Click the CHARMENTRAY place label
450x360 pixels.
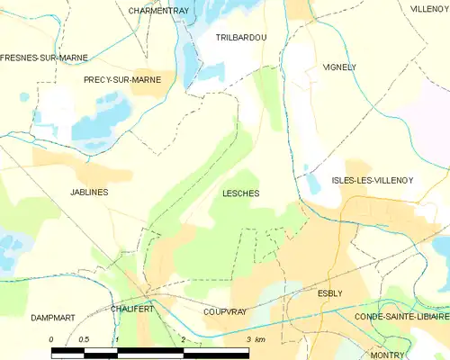(x=158, y=11)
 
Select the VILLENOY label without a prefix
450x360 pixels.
(x=429, y=8)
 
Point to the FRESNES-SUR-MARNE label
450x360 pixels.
(x=44, y=57)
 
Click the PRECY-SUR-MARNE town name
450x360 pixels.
(x=122, y=79)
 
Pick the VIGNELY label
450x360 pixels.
(x=339, y=67)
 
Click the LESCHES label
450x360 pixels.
(x=240, y=193)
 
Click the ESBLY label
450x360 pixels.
(x=330, y=293)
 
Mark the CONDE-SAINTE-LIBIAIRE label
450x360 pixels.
(x=400, y=317)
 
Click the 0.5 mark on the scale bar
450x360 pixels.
(x=84, y=339)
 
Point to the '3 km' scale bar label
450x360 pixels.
(x=256, y=339)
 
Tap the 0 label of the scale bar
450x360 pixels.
(x=51, y=339)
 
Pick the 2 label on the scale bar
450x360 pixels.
(x=183, y=339)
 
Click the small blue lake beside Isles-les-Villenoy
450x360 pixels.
(x=312, y=184)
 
